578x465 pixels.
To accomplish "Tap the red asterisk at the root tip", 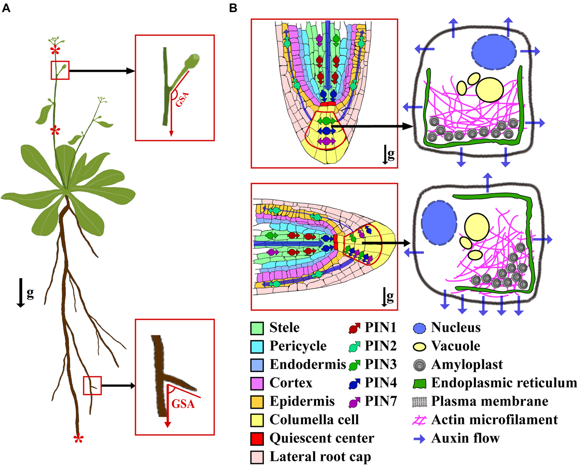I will point(77,438).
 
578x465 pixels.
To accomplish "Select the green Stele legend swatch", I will point(258,329).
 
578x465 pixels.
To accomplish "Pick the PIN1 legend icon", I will point(356,329).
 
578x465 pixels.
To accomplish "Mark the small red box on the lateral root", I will point(92,385).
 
